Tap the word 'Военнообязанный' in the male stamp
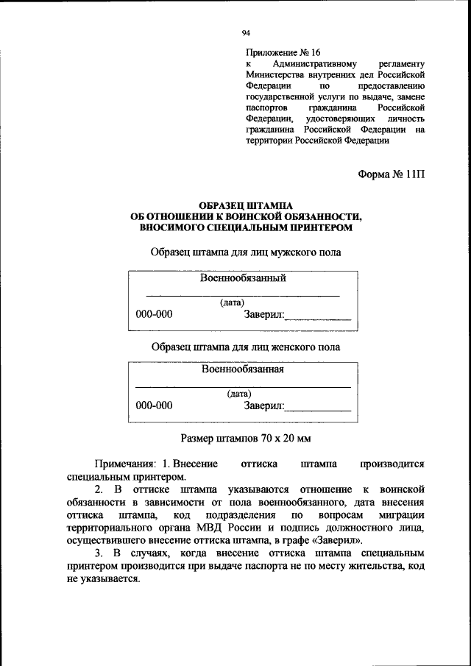click(x=243, y=277)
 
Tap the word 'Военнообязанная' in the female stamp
click(x=243, y=369)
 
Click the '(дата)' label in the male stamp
click(x=232, y=302)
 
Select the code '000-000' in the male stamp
click(x=154, y=314)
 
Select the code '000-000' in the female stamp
click(x=154, y=405)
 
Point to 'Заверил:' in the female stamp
click(x=263, y=406)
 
